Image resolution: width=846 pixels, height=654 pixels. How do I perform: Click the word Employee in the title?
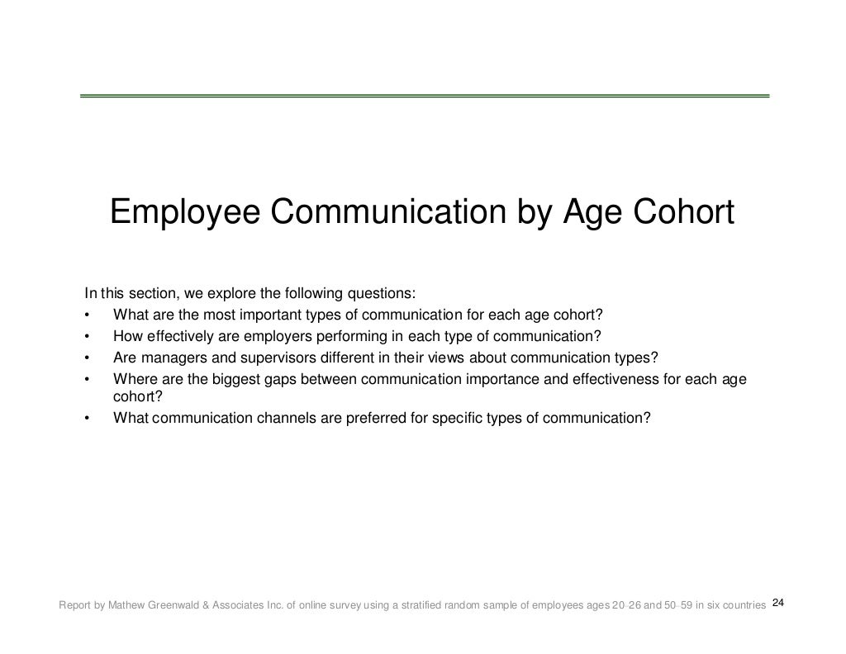click(x=185, y=213)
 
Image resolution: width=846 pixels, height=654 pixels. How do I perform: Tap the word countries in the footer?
click(x=740, y=605)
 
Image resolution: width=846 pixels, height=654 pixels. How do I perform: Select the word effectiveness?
click(x=611, y=379)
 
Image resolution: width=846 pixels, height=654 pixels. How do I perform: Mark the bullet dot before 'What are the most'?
click(x=87, y=316)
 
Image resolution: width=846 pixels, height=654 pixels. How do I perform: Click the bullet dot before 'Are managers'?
click(x=87, y=358)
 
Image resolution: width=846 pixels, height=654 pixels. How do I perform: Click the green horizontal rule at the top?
click(x=424, y=96)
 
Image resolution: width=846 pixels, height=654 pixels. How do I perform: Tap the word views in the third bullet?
click(x=449, y=358)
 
